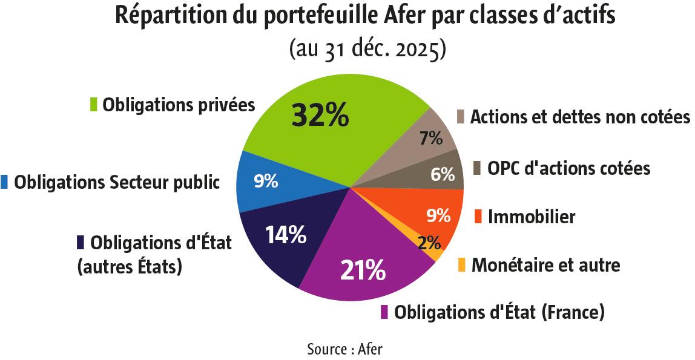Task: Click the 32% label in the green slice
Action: click(320, 115)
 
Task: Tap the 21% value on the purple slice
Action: click(363, 270)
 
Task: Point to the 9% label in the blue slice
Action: click(266, 181)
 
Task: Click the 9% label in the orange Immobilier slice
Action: click(438, 215)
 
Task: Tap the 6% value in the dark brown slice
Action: click(443, 175)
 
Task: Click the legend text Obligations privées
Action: click(179, 104)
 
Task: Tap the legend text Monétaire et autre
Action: click(545, 264)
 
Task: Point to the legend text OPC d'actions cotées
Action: click(569, 168)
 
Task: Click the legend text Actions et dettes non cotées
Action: click(579, 116)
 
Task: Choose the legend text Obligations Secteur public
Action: click(117, 182)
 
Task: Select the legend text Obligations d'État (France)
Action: click(499, 313)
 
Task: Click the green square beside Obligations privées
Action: click(94, 105)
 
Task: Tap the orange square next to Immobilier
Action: click(478, 217)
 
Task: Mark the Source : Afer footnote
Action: click(344, 349)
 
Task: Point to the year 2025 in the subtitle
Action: click(420, 49)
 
